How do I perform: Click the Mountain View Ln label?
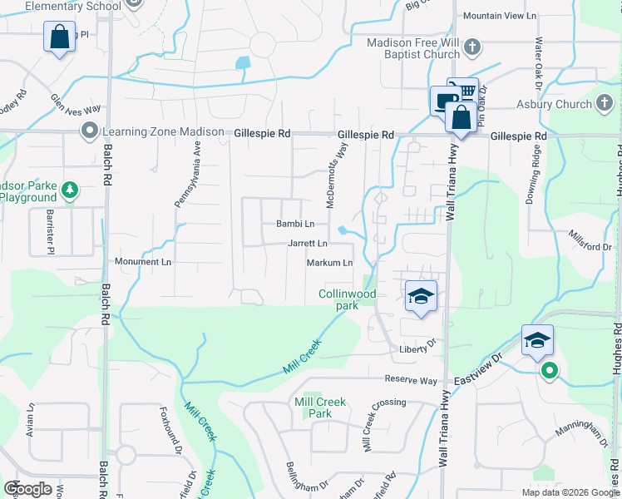[500, 16]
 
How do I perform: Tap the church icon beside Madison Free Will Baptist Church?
[472, 47]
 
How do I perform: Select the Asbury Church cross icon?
[605, 104]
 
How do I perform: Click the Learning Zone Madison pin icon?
[89, 131]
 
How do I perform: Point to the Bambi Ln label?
[295, 224]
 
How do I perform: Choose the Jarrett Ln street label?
[307, 244]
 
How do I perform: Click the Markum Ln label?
[330, 263]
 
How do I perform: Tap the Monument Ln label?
[142, 261]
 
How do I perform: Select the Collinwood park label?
[348, 299]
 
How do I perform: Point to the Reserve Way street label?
[411, 379]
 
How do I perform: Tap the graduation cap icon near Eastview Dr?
[537, 339]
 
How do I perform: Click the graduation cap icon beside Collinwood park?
[422, 296]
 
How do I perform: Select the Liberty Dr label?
[417, 348]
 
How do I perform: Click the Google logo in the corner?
[27, 489]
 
